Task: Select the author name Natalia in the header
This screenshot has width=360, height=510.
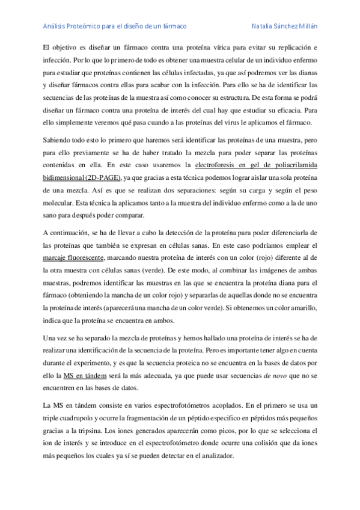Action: tap(266, 26)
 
